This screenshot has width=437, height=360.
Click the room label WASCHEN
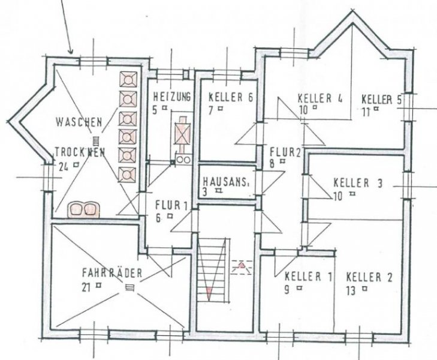coord(79,121)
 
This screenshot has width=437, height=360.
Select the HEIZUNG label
coord(171,96)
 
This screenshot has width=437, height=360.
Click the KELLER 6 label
coord(229,97)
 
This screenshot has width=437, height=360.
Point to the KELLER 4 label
coord(320,98)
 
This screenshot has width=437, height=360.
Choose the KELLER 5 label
coord(381,99)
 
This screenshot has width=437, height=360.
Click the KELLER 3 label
coord(357,182)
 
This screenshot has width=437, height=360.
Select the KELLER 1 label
coord(308,277)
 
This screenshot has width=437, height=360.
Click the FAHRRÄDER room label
coord(112,274)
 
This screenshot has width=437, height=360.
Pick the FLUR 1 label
coord(171,205)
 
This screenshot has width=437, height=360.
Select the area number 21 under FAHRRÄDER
coord(86,287)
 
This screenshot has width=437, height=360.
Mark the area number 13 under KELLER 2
coord(352,291)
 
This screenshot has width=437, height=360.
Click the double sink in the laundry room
coord(85,208)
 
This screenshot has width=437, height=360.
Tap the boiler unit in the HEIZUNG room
coord(182,134)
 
